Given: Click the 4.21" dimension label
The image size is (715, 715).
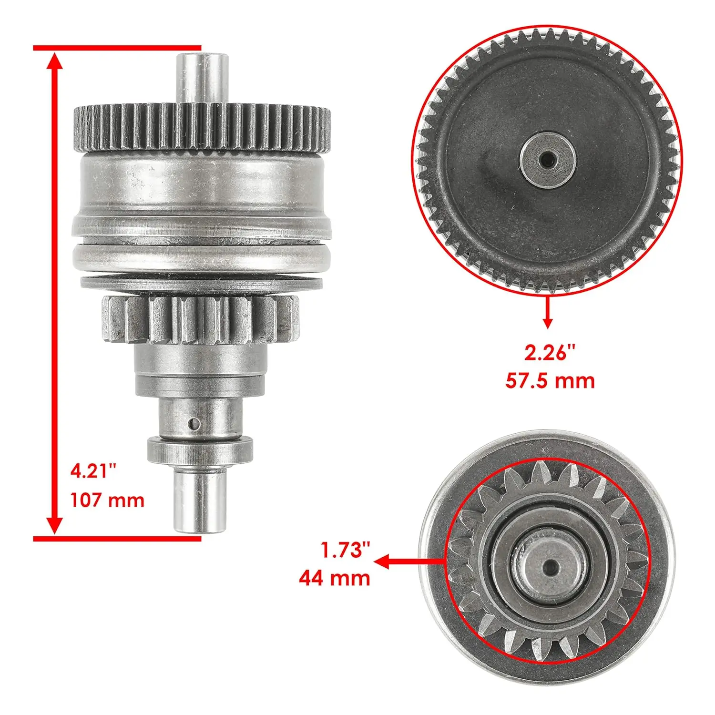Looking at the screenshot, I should click(x=93, y=471).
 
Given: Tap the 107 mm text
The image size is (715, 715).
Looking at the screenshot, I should click(x=107, y=500).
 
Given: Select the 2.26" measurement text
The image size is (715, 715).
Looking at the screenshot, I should click(x=550, y=353).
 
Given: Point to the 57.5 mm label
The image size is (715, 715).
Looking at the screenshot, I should click(x=550, y=381).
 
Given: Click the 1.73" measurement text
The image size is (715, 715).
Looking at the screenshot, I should click(x=345, y=550).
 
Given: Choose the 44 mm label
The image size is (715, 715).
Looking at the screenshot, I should click(x=334, y=578).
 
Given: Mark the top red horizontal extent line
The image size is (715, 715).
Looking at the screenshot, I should click(x=117, y=48).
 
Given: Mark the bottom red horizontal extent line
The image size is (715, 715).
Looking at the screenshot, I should click(x=117, y=539).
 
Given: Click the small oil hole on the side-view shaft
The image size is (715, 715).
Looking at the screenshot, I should click(x=193, y=423).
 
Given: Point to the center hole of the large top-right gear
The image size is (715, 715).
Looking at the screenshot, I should click(x=547, y=160).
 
